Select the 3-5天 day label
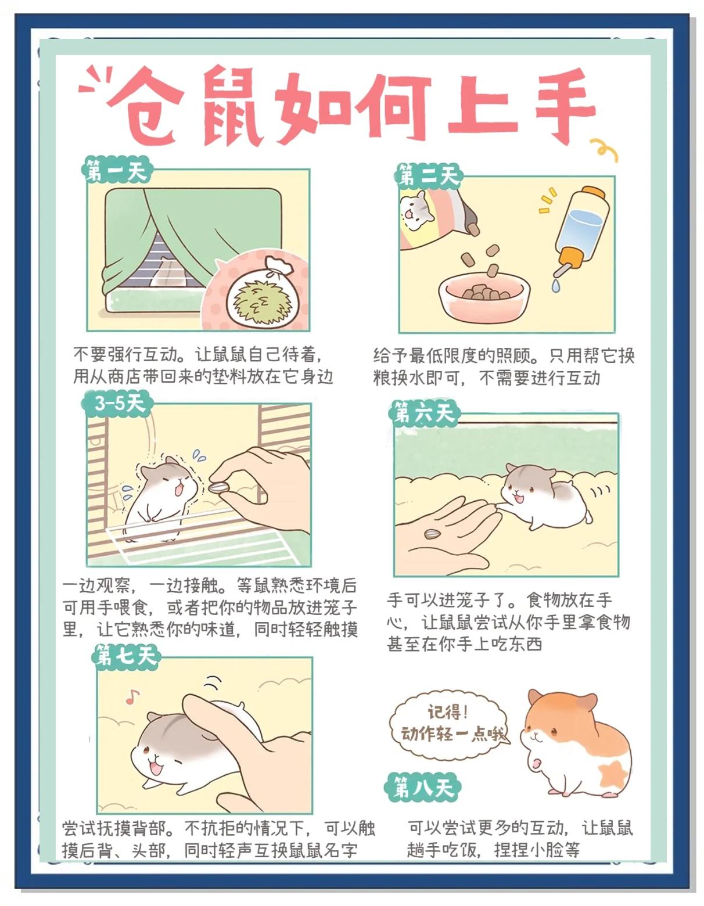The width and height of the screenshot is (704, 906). coord(117,403)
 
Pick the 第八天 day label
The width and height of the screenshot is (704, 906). coord(423,787)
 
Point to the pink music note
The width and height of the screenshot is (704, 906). coord(134,696)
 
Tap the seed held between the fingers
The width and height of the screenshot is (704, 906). coord(219,487)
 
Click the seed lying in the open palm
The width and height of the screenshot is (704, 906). coord(432,533)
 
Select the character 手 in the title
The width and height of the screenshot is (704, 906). coord(565,106)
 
